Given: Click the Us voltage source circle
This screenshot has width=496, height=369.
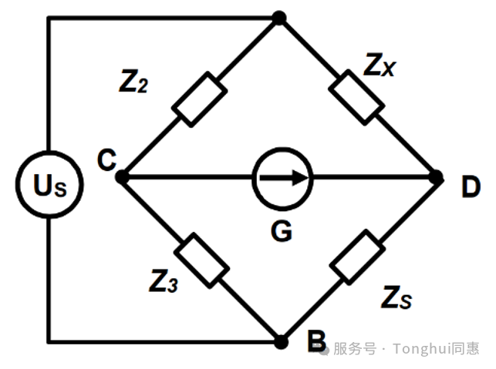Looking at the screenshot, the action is click(49, 185).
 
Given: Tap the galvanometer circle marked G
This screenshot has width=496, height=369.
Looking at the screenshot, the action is click(282, 179).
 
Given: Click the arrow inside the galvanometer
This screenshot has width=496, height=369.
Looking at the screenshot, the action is click(284, 178).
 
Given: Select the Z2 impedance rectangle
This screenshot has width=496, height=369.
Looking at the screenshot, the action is click(199, 99).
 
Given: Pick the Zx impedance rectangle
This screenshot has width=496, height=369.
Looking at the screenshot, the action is click(357, 97).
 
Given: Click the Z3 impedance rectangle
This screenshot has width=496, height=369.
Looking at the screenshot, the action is click(202, 260).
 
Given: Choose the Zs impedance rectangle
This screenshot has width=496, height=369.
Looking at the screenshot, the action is click(357, 257).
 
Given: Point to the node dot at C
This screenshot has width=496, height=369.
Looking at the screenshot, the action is click(122, 177).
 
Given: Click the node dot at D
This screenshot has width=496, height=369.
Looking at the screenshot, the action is click(437, 177).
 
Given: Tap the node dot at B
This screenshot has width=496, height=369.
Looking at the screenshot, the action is click(281, 342).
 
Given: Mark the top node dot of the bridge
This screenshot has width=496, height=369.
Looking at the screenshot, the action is click(279, 18).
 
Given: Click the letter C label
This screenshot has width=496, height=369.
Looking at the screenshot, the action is click(107, 160).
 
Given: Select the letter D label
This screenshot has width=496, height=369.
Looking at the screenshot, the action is click(471, 186).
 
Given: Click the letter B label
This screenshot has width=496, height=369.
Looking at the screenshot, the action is click(316, 341).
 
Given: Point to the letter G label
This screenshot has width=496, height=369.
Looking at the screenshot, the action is click(282, 231).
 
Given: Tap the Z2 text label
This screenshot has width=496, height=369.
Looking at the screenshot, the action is click(133, 82).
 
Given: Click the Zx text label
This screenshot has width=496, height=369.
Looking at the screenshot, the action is click(380, 65).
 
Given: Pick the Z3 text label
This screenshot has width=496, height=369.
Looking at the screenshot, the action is click(164, 280).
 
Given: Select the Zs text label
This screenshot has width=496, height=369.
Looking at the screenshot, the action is click(396, 297).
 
